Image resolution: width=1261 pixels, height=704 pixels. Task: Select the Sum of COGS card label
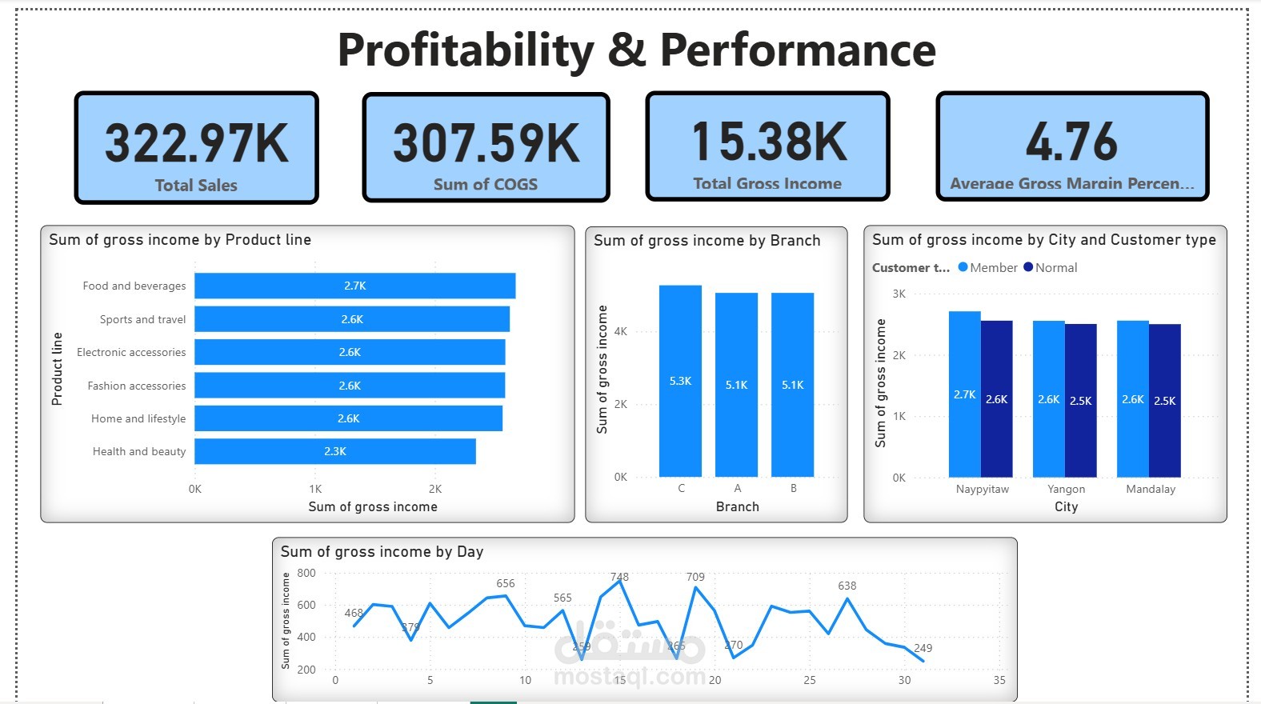[x=486, y=185]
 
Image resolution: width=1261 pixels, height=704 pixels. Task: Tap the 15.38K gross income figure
[x=769, y=142]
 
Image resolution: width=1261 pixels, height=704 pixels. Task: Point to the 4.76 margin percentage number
[x=1071, y=142]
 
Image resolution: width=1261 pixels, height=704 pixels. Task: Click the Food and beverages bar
[x=354, y=286]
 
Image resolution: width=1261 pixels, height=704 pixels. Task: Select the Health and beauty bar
[x=334, y=451]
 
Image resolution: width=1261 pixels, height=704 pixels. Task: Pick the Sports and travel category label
[x=142, y=319]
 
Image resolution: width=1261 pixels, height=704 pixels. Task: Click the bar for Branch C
[x=680, y=381]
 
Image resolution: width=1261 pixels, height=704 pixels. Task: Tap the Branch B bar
[x=792, y=385]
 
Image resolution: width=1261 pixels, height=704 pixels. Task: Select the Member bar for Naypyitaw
[x=964, y=394]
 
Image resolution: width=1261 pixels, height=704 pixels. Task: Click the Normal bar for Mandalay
[x=1164, y=400]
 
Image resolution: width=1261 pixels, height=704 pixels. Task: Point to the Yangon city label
[x=1066, y=489]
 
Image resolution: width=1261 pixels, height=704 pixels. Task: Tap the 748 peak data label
[x=619, y=577]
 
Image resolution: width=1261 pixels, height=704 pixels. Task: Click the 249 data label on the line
[x=923, y=648]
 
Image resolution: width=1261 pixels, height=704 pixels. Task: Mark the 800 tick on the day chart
[x=306, y=573]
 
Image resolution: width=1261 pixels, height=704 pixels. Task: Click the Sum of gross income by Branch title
[x=707, y=241]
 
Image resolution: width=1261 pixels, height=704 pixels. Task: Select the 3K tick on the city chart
[x=899, y=294]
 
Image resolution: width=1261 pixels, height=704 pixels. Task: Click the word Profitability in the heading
[x=466, y=50]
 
